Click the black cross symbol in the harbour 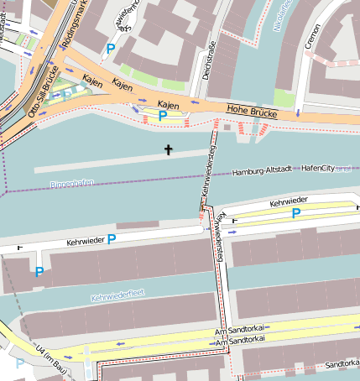[168, 150]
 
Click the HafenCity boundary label [317, 169]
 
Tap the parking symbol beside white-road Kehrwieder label [112, 240]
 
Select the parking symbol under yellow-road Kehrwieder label [295, 214]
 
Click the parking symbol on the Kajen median [162, 116]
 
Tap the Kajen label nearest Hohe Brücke [169, 103]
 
